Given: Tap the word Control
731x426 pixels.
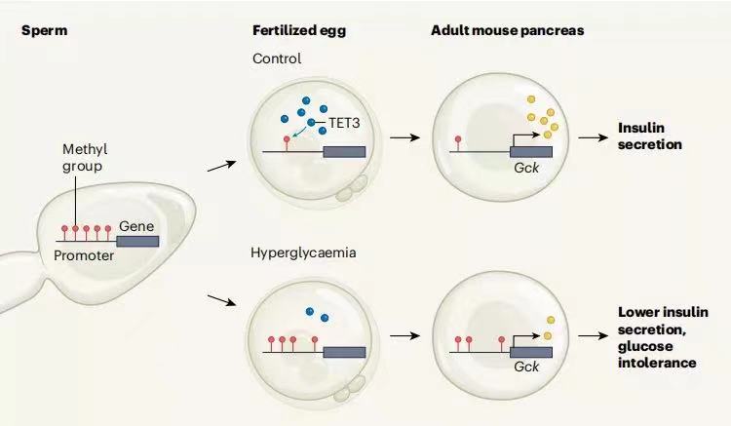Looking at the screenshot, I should [277, 58].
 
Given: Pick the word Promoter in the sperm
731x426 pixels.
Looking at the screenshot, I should [84, 257].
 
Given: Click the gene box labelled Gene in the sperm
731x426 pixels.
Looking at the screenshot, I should [136, 240].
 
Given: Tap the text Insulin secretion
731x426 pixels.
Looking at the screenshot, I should [649, 136].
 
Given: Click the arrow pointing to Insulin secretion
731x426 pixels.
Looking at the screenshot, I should [593, 137].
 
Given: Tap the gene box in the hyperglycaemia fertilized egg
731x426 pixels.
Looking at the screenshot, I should [344, 352].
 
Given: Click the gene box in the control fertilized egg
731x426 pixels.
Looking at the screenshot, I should [344, 151].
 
